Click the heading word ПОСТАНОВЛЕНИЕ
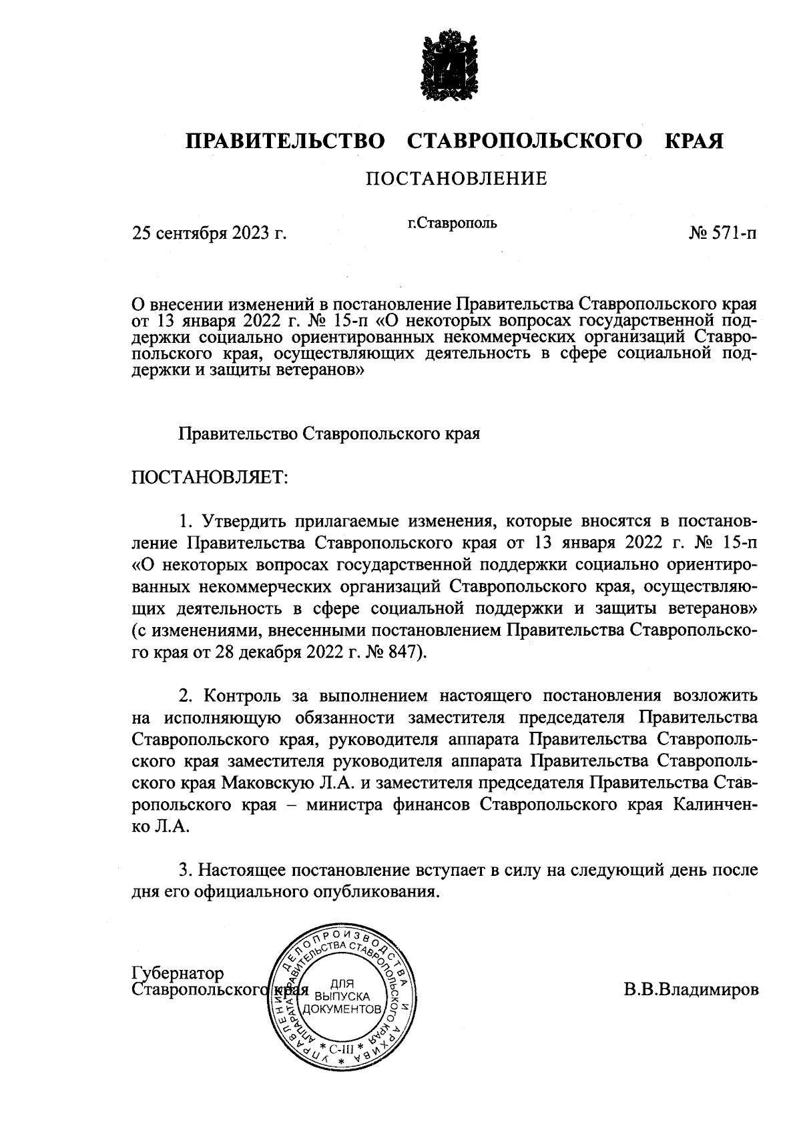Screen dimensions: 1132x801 (456, 179)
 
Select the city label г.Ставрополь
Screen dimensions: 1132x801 (453, 223)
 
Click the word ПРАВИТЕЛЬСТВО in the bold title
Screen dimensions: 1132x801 (285, 141)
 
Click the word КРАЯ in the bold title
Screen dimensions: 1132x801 (694, 141)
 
